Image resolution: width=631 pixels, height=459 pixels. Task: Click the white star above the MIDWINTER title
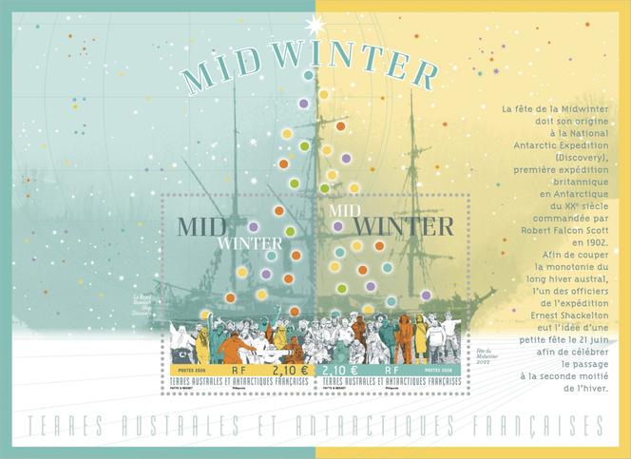point(315,25)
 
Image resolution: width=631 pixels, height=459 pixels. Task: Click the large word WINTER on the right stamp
point(404,227)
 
